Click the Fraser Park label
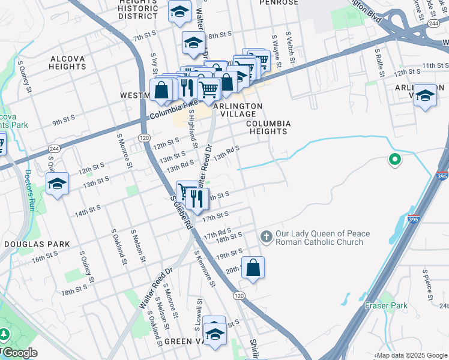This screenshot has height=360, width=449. click(x=386, y=305)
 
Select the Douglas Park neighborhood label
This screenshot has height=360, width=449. click(x=37, y=244)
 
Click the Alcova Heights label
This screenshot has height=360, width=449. click(x=59, y=63)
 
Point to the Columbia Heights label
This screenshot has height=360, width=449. click(x=269, y=127)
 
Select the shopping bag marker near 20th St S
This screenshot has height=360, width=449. click(x=253, y=268)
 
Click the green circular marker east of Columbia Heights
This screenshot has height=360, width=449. click(x=394, y=160)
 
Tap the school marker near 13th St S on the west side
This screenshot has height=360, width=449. click(x=58, y=183)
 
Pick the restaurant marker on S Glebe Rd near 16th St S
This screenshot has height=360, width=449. click(x=196, y=198)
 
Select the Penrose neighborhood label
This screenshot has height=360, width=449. click(x=279, y=2)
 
